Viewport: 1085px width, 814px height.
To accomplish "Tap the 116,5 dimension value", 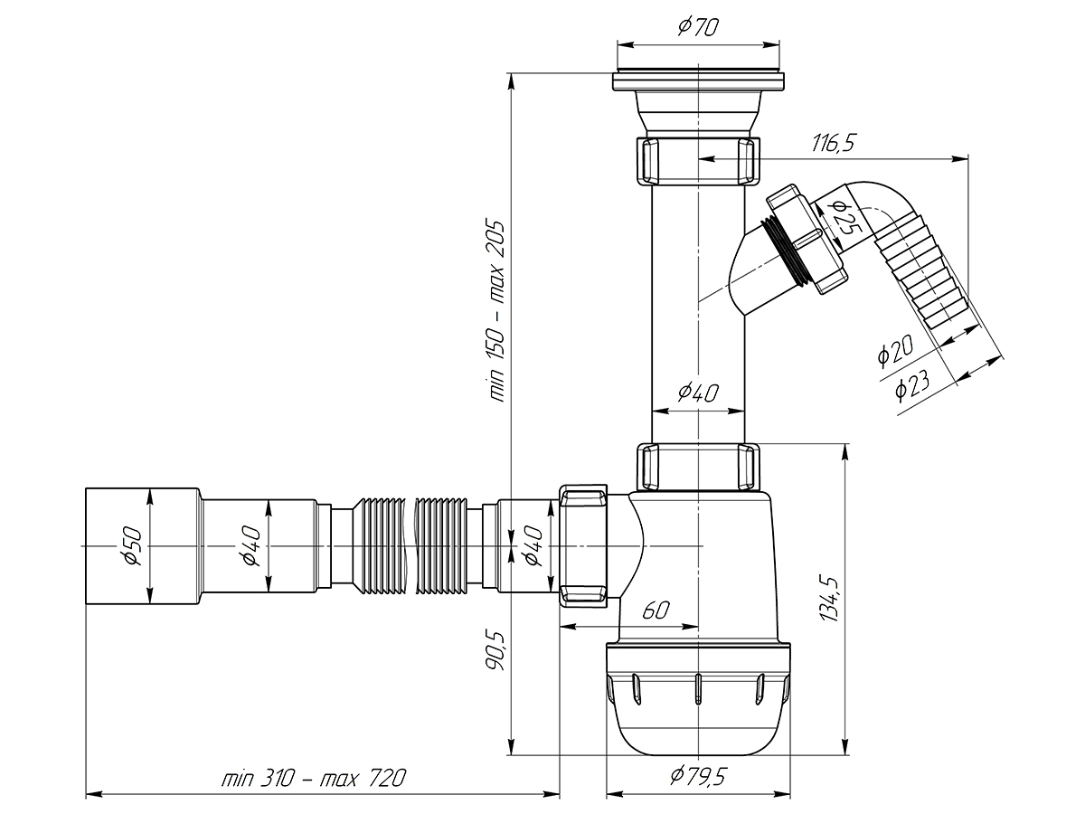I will [x=834, y=142].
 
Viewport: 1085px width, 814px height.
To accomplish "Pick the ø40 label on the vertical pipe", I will [x=697, y=393].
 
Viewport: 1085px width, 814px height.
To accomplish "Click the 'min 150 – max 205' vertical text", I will [x=497, y=312].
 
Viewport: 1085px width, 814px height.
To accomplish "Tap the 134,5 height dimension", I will [x=828, y=597].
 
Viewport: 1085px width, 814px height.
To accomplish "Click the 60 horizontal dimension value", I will [x=656, y=610].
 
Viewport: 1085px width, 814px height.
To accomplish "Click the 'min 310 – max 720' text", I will [x=314, y=778].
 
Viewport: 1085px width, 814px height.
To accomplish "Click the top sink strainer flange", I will [x=697, y=81].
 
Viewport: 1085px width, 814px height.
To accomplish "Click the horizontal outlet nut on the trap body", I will [x=583, y=545].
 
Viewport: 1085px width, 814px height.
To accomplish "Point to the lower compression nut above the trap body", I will [x=697, y=466].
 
